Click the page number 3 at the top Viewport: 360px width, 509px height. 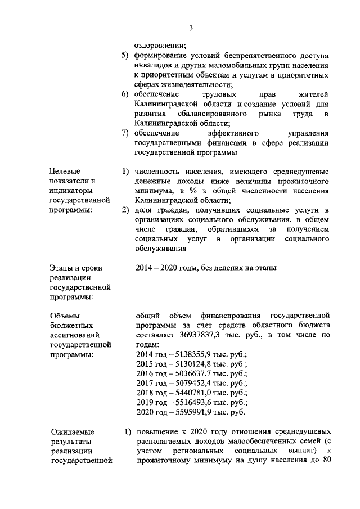(191, 29)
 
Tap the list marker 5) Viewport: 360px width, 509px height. (126, 57)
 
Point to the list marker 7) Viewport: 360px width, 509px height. (126, 133)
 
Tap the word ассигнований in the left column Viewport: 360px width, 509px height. (75, 335)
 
